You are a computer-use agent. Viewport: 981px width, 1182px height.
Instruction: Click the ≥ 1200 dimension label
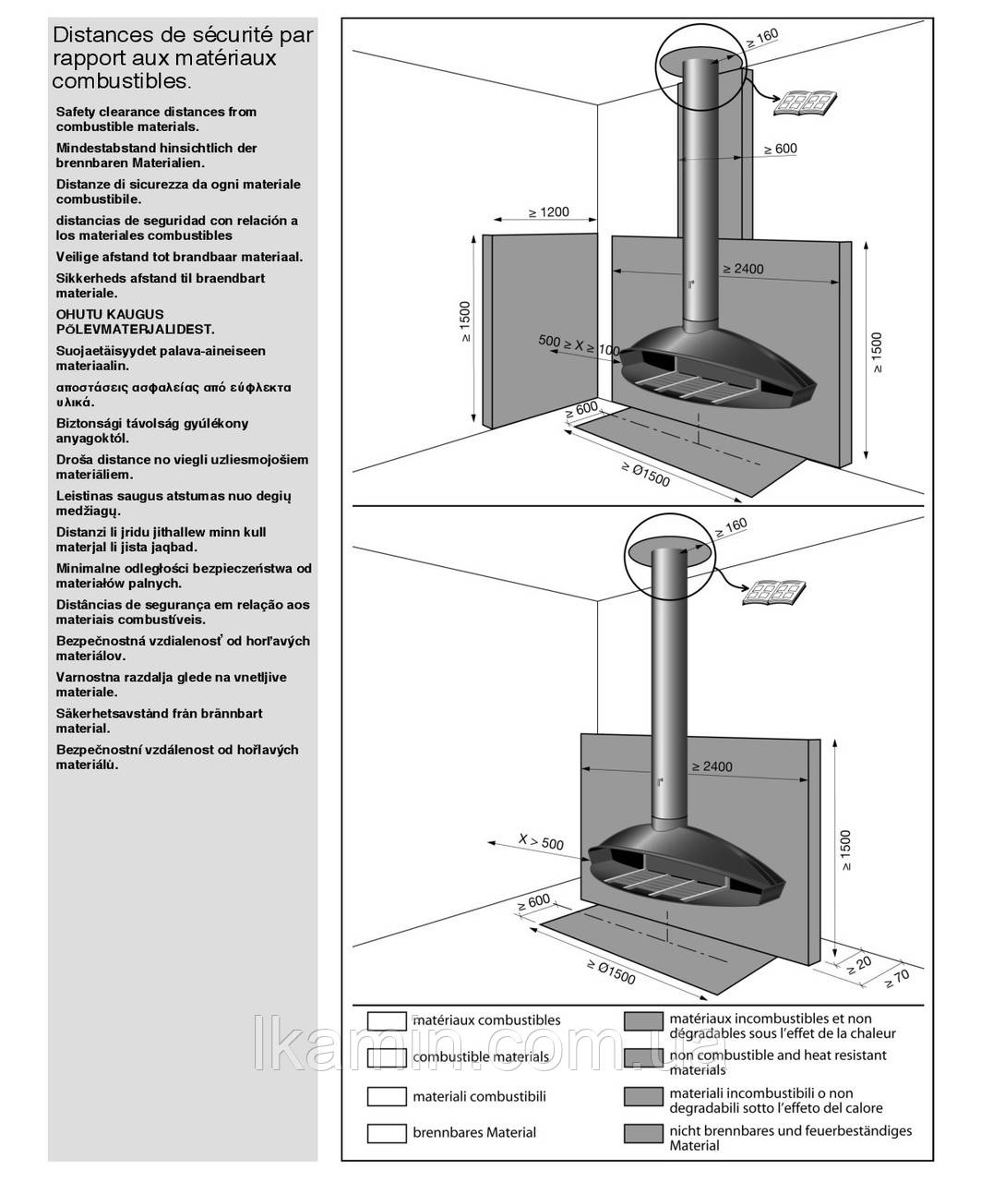549,212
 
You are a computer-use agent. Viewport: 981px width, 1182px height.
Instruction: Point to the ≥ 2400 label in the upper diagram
743,270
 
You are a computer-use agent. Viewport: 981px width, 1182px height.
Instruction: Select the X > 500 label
541,841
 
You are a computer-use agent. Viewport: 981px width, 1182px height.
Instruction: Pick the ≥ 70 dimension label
895,980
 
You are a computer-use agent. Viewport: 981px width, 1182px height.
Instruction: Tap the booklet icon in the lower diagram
772,591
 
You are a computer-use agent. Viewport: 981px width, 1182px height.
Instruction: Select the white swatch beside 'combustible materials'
387,1056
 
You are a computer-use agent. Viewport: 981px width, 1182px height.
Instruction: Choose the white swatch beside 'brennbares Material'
387,1132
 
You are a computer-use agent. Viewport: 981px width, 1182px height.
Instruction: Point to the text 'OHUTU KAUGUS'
110,314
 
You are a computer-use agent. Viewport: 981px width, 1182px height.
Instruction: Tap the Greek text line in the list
173,387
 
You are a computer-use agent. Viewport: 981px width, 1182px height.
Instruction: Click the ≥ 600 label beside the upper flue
780,149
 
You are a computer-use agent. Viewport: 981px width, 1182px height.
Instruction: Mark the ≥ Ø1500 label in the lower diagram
611,972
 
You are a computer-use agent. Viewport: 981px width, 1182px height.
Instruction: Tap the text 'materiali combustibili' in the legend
479,1096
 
